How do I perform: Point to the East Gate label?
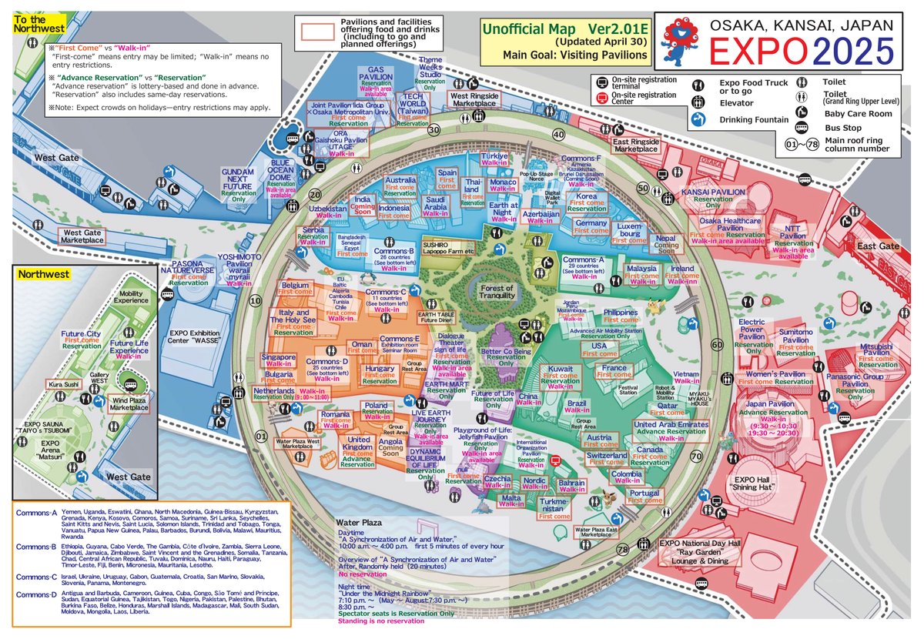(879, 246)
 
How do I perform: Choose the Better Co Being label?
(506, 352)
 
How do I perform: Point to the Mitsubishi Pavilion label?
(876, 349)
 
